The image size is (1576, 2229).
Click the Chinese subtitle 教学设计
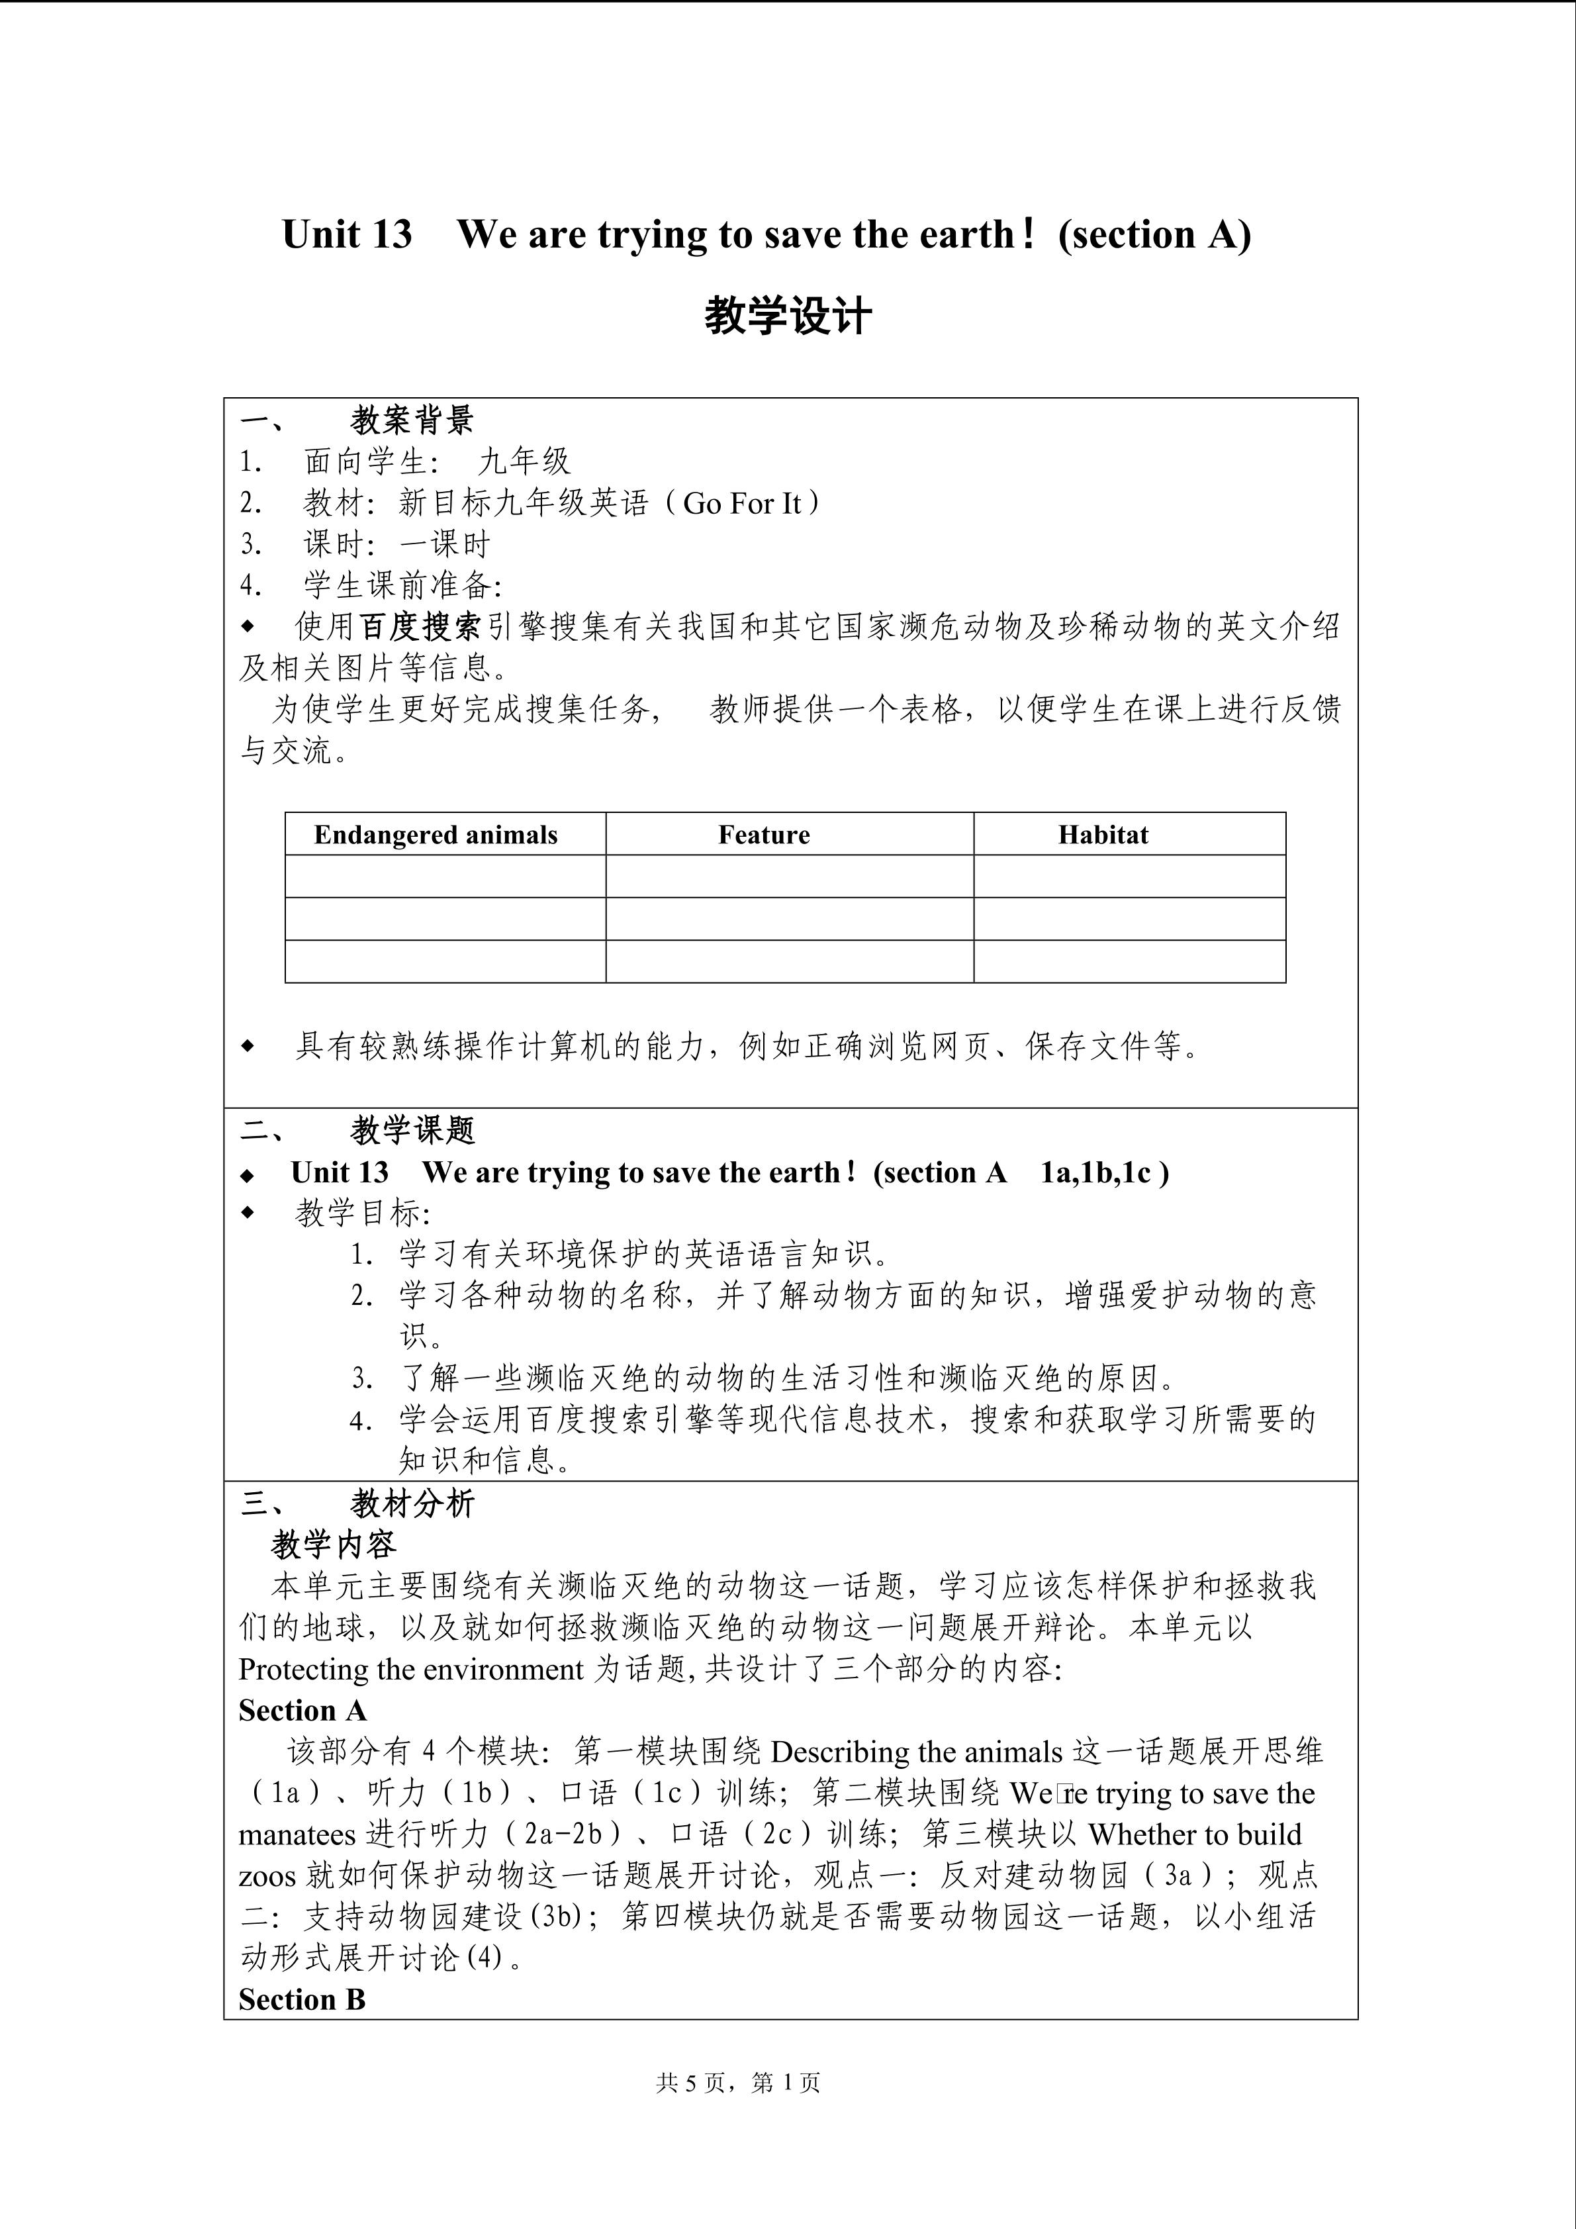click(787, 316)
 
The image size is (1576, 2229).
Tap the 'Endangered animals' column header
click(436, 835)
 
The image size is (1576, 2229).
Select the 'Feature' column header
click(764, 835)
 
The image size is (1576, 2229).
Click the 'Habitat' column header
click(1103, 835)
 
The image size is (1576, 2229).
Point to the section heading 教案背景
click(412, 420)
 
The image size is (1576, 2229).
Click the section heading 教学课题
click(412, 1130)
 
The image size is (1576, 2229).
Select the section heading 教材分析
click(412, 1504)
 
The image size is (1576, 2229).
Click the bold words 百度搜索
click(420, 626)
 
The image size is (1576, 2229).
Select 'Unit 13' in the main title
click(346, 234)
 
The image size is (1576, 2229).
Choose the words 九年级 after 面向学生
click(524, 461)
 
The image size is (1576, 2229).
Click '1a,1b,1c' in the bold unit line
click(1095, 1172)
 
